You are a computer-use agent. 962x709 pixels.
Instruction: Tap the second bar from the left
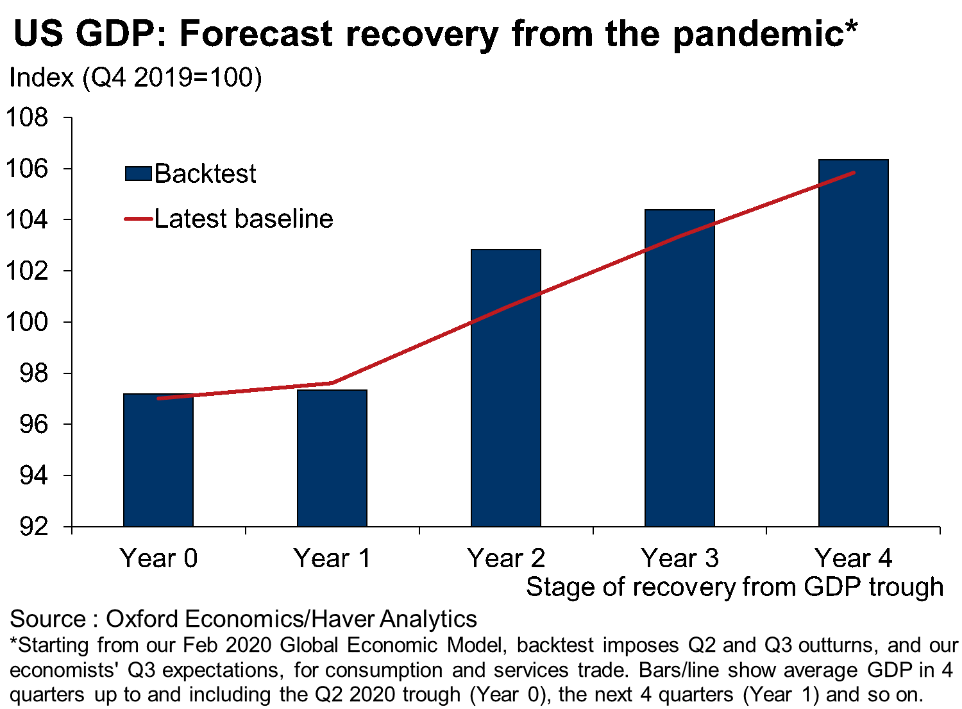(332, 459)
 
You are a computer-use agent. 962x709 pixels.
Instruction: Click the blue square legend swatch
(139, 173)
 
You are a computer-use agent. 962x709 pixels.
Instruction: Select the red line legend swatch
(139, 219)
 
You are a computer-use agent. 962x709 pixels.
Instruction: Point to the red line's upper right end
(854, 173)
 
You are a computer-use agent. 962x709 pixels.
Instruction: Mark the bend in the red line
(331, 383)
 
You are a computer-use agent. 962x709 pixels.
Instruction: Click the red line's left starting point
(159, 398)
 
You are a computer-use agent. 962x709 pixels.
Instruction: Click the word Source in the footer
(47, 619)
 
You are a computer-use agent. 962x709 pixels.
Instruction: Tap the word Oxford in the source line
(142, 619)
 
